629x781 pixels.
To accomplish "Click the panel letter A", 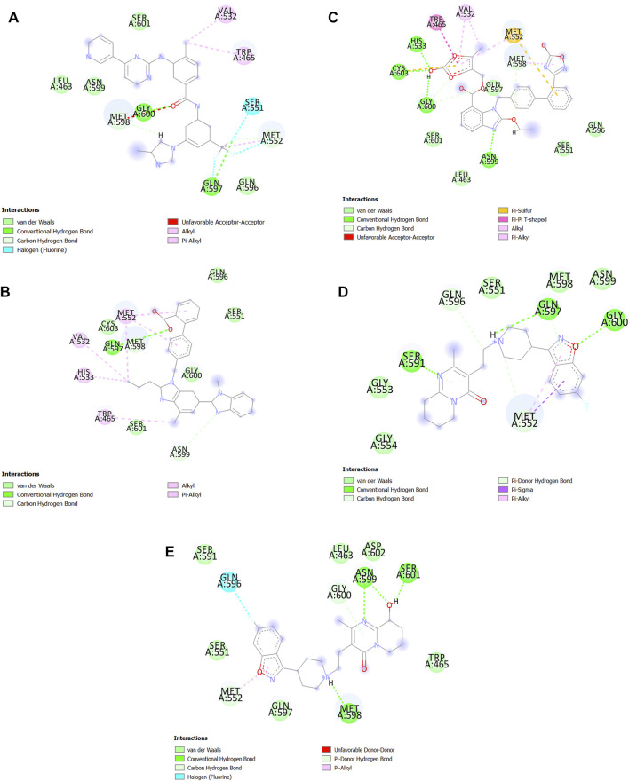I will tap(14, 16).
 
